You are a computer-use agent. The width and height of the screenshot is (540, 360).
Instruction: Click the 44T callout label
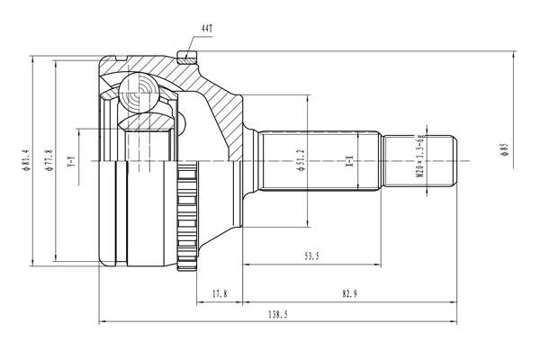coord(207,28)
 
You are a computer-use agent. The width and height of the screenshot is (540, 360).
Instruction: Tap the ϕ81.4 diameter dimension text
coord(26,160)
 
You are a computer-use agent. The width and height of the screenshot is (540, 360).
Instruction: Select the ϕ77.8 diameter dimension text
coord(49,160)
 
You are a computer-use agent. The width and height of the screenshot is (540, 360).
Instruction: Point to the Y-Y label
coord(71,161)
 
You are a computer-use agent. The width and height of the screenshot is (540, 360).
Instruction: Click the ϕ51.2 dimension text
coord(301,160)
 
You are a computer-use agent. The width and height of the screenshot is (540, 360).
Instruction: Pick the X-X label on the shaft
coord(350,161)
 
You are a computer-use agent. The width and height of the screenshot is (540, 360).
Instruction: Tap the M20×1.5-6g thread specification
coord(419,156)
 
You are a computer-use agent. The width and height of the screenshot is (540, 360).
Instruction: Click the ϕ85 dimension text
coord(505,150)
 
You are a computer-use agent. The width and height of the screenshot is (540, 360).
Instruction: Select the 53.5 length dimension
coord(311,256)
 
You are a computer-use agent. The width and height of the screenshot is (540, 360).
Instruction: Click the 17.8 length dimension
coord(220,294)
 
